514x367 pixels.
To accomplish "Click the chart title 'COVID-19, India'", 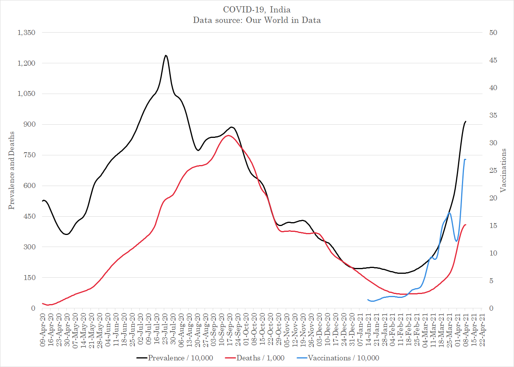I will [257, 10].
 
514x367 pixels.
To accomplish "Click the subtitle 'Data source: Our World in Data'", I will [257, 20].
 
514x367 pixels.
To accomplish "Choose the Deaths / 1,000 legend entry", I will [255, 358].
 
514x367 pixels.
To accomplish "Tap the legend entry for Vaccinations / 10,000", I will [338, 358].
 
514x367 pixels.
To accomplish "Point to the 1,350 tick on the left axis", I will [26, 33].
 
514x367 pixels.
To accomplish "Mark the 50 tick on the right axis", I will [493, 33].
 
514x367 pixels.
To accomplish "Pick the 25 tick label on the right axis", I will [493, 170].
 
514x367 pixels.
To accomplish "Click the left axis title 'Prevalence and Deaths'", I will [12, 170].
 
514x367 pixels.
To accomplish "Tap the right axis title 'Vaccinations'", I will [504, 170].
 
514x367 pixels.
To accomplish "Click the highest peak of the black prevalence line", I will [166, 56].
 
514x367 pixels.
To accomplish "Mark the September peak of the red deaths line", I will [228, 136].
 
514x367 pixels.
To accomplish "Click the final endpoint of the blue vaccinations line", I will [465, 160].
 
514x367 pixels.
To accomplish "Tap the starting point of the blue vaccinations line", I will [368, 299].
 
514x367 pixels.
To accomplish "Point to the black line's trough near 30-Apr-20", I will [67, 234].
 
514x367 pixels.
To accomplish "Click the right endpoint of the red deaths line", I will [465, 224].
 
